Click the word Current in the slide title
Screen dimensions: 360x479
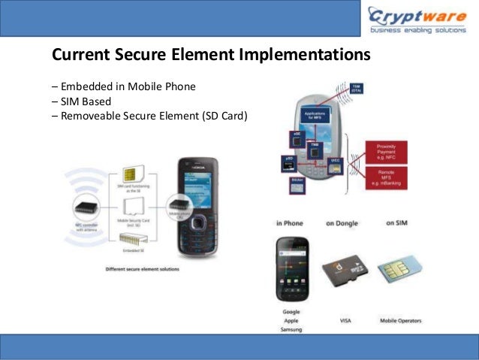pyautogui.click(x=77, y=56)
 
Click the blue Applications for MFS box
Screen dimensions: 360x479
pyautogui.click(x=318, y=116)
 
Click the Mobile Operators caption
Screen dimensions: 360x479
pyautogui.click(x=399, y=321)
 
